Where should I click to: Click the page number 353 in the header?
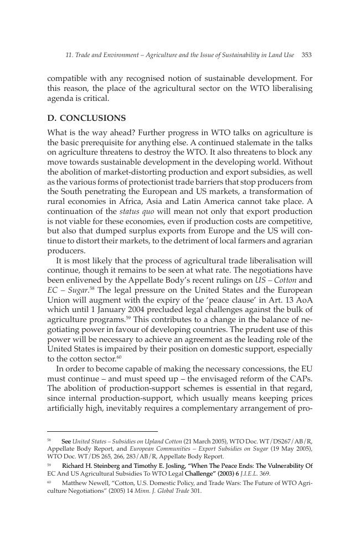tap(307, 55)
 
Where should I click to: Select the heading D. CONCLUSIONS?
tap(86, 118)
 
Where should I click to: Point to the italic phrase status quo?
tap(133, 211)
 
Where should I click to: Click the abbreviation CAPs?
tap(301, 379)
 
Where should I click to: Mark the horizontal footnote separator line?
tap(102, 431)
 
